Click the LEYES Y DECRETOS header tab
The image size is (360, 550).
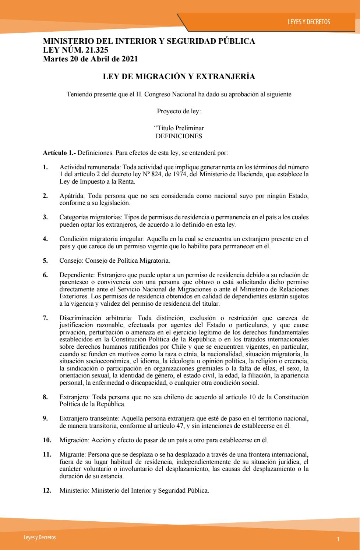(x=309, y=22)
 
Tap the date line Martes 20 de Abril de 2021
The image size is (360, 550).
(x=90, y=58)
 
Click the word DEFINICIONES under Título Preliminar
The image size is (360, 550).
(x=179, y=136)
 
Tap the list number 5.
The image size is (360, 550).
(x=45, y=260)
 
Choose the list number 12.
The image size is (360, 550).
(x=47, y=490)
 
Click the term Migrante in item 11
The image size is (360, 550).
(x=71, y=454)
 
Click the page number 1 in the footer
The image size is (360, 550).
(x=338, y=539)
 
